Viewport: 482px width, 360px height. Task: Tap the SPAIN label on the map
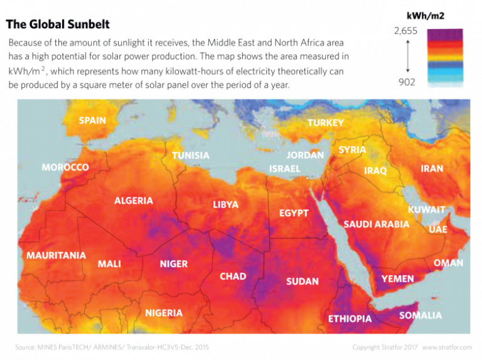click(x=92, y=120)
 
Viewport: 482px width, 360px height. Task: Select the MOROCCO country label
click(x=65, y=167)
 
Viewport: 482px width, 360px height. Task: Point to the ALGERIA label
click(x=134, y=201)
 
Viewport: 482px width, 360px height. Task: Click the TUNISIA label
click(x=191, y=155)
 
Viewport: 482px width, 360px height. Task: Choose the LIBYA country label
click(x=226, y=204)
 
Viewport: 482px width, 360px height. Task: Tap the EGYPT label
click(x=294, y=213)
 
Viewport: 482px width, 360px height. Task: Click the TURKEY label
click(x=326, y=123)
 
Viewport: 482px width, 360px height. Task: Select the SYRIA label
click(x=352, y=150)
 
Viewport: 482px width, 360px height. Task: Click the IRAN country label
click(x=432, y=168)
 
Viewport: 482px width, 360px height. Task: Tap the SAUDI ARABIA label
click(x=377, y=224)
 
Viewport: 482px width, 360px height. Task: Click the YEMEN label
click(x=398, y=278)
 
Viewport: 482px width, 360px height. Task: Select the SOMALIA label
click(x=420, y=315)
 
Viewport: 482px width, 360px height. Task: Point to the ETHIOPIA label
click(x=350, y=319)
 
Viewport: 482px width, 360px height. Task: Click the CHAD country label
click(x=233, y=276)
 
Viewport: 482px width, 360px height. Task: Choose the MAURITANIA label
click(x=56, y=255)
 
